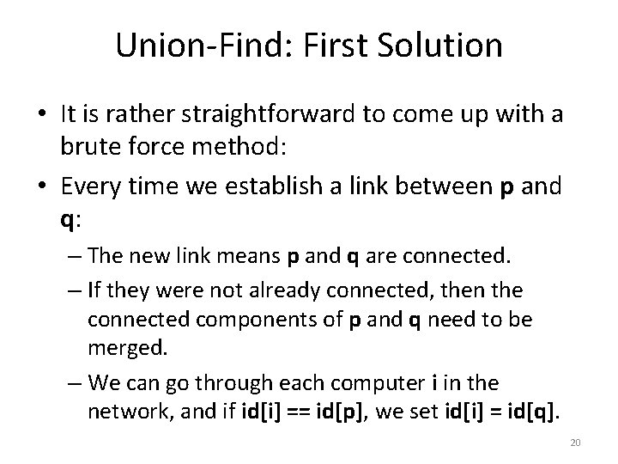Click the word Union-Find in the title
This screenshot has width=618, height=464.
[194, 46]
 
